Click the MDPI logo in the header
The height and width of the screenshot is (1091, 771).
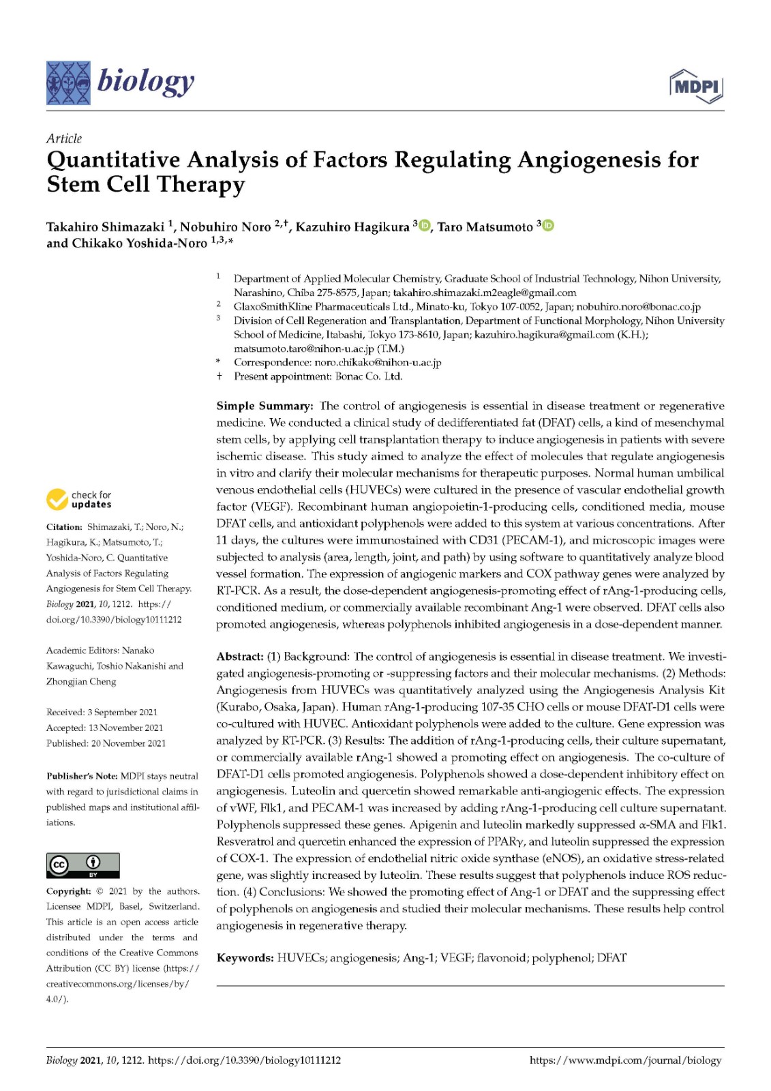(696, 87)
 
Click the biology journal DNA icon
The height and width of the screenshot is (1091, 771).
(68, 83)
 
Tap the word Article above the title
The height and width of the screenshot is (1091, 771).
(64, 138)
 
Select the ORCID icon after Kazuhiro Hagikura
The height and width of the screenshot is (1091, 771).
(424, 226)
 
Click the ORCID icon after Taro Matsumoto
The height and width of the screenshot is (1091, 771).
(548, 226)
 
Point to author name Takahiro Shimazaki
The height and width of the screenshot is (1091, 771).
(105, 227)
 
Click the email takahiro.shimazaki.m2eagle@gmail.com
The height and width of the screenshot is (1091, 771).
(485, 293)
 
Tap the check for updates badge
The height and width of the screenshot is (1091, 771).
(79, 500)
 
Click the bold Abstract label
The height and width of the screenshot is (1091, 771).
(240, 657)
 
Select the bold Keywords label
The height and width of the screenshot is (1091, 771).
(245, 958)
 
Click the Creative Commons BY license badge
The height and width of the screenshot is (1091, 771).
(82, 865)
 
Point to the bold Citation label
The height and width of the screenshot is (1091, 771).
(64, 527)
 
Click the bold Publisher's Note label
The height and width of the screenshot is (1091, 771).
(82, 776)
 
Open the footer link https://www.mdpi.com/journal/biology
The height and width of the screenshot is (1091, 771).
(625, 1060)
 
